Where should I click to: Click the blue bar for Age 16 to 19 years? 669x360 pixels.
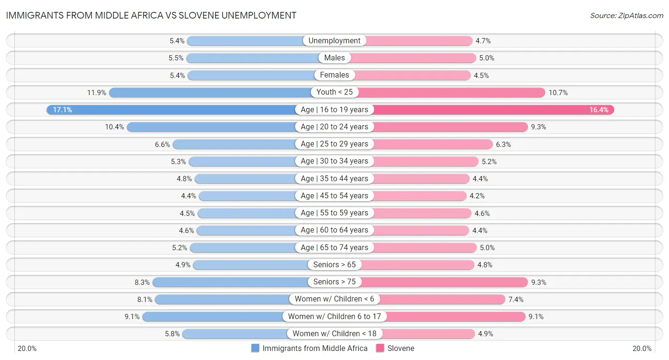coord(171,110)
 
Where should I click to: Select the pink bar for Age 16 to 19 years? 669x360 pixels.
coord(495,110)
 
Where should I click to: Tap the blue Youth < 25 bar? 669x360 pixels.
coord(209,92)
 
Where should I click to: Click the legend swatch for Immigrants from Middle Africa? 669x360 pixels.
coord(256,348)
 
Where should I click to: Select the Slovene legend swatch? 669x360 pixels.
coord(380,348)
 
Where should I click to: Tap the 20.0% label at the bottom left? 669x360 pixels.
coord(27,349)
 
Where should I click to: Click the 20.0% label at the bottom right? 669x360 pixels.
coord(641,349)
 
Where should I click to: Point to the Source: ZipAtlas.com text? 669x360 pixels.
coord(627,16)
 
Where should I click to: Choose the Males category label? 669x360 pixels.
coord(334,58)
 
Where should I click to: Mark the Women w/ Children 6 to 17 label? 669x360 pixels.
coord(334,316)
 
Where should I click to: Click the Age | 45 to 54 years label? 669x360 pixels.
coord(334,196)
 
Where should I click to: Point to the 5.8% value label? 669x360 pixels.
coord(172,334)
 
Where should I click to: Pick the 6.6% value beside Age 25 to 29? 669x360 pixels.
coord(162,144)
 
